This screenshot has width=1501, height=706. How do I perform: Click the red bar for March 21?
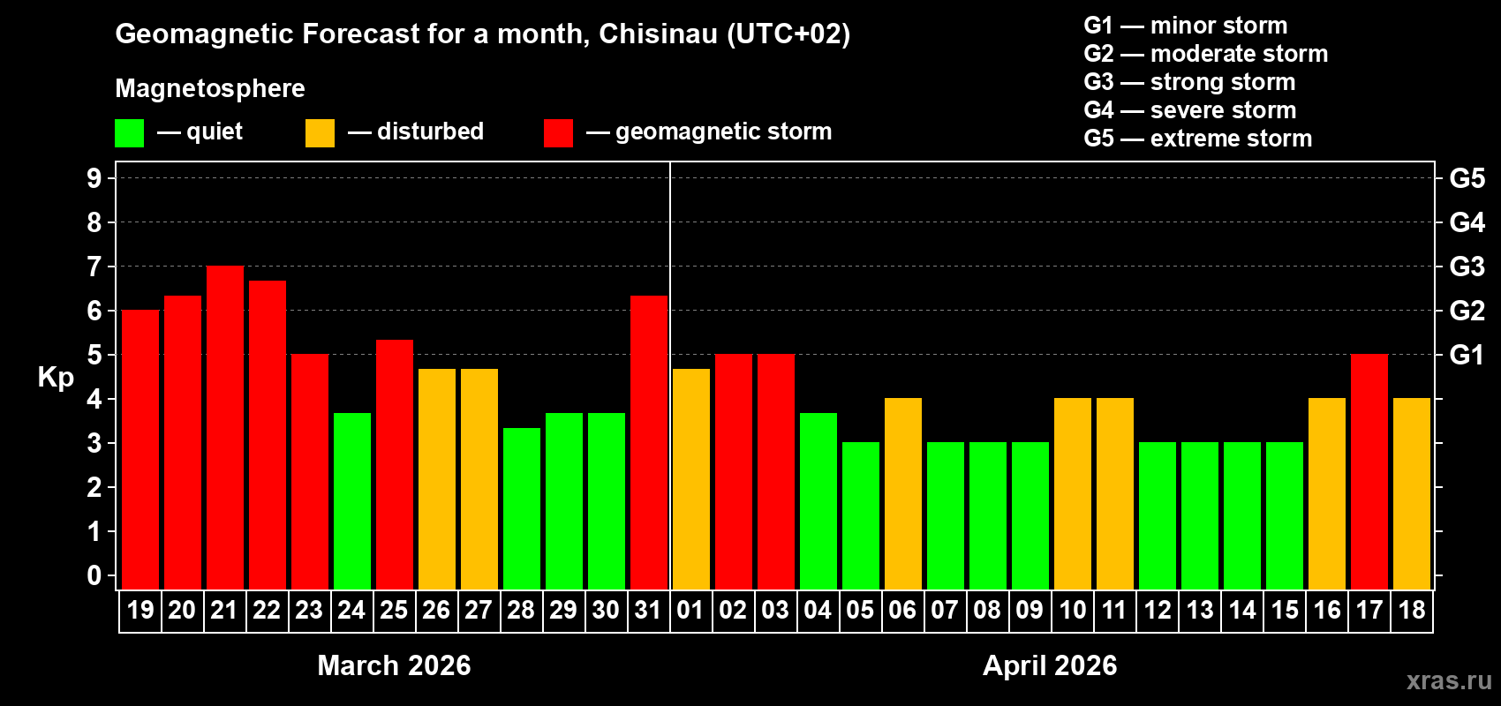tap(225, 427)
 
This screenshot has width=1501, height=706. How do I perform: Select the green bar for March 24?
tap(352, 500)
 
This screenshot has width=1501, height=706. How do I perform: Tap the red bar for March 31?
tap(649, 442)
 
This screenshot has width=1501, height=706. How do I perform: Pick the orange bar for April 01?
tap(691, 478)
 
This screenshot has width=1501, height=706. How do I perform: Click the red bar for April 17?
tap(1369, 471)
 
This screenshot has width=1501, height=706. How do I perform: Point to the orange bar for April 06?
tap(903, 493)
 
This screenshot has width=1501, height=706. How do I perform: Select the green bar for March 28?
tap(522, 508)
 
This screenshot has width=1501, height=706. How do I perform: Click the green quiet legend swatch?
tap(129, 133)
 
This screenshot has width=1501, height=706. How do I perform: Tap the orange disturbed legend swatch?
tap(320, 133)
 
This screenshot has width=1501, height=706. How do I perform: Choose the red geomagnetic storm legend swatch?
tap(558, 133)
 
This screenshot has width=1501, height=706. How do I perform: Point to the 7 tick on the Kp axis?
tap(94, 267)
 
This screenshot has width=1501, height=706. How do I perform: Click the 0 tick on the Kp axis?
tap(94, 576)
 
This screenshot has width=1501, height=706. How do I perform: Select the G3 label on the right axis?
tap(1467, 267)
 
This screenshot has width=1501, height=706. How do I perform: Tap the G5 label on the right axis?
tap(1467, 178)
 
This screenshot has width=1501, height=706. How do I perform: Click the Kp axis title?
tap(56, 378)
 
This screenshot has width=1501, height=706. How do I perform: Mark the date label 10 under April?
tap(1073, 610)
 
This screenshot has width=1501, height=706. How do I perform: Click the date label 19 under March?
tap(140, 610)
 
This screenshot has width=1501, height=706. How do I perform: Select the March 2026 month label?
tap(394, 665)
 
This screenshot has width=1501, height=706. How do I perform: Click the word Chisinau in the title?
tap(658, 34)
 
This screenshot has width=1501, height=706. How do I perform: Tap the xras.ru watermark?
tap(1449, 680)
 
